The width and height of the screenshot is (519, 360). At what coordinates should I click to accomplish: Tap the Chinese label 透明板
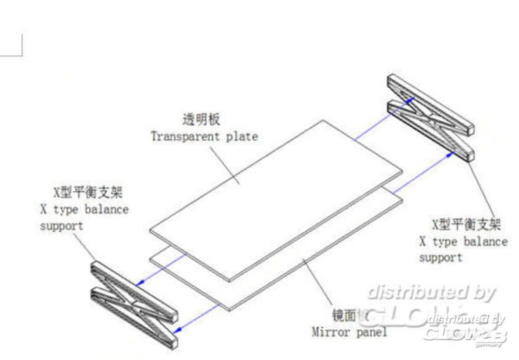coord(201,120)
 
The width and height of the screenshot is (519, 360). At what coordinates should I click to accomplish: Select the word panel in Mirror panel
coord(371,331)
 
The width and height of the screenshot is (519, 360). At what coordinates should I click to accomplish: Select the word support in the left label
coord(61,227)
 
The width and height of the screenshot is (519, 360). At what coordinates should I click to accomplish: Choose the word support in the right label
coord(440,258)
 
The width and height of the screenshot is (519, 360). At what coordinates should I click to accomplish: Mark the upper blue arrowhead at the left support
coord(139,283)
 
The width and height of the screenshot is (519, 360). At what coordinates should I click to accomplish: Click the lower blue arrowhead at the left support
coord(178,329)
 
